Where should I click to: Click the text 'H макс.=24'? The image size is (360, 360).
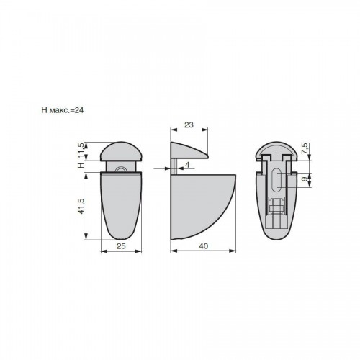point(63,110)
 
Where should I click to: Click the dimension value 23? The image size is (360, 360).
point(189,125)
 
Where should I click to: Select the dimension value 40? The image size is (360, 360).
point(204,246)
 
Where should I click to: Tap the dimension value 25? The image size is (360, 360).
point(121,246)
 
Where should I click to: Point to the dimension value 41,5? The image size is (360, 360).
point(81,206)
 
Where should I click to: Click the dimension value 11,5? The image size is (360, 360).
point(81,150)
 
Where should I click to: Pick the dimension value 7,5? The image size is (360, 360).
point(305,148)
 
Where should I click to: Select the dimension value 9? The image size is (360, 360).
point(305,179)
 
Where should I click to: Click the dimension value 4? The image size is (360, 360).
point(187,165)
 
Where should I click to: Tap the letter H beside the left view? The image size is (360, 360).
point(81,165)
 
